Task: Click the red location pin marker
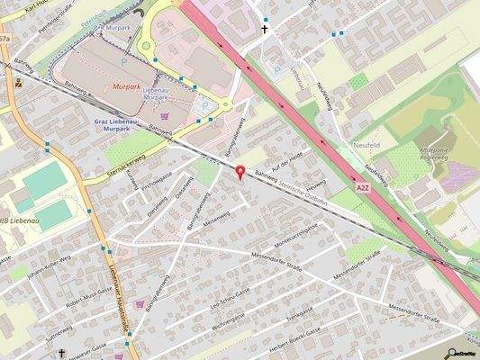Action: pos(240,172)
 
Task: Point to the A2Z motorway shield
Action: pos(362,188)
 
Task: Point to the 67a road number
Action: pos(5,40)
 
